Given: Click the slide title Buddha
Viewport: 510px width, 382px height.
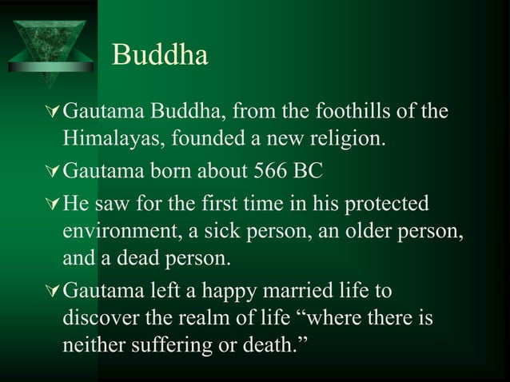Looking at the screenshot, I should [x=161, y=54].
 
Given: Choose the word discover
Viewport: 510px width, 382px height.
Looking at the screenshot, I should [x=99, y=317].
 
